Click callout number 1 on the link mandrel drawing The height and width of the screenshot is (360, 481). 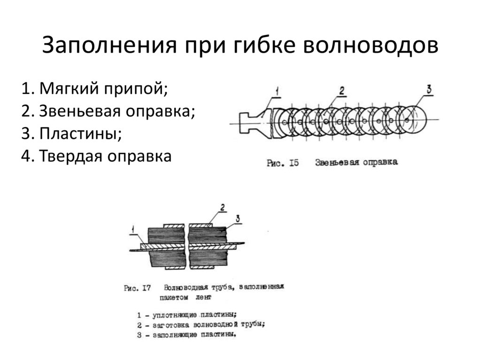(x=277, y=91)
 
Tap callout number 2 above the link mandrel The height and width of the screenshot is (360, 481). (x=341, y=90)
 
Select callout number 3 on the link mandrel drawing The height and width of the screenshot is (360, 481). (x=429, y=89)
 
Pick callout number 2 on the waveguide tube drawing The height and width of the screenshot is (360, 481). (x=222, y=207)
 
